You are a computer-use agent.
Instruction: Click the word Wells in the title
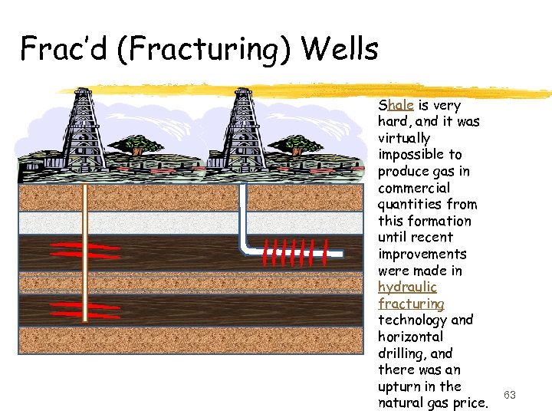(x=340, y=49)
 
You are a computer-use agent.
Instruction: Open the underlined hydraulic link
(x=407, y=287)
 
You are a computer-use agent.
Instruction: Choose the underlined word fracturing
(x=411, y=304)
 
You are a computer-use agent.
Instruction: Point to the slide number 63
(x=509, y=394)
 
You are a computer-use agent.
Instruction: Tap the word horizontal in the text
(x=411, y=337)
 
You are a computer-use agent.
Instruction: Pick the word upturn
(x=399, y=386)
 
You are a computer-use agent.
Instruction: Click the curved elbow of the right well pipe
(x=247, y=247)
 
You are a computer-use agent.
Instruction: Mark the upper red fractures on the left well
(x=85, y=251)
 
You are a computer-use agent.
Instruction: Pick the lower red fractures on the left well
(x=85, y=309)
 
